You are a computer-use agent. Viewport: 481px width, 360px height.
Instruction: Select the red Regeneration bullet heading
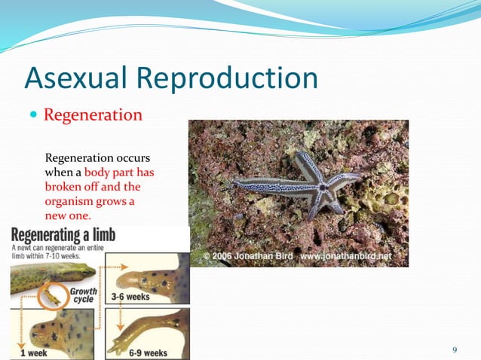click(x=93, y=115)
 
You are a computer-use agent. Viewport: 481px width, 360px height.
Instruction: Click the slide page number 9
click(x=454, y=349)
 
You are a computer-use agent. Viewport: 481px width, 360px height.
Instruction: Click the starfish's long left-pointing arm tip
click(x=236, y=182)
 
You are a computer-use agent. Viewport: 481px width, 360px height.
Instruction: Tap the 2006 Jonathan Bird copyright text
click(x=249, y=257)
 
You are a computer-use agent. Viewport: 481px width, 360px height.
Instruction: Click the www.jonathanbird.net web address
click(x=346, y=257)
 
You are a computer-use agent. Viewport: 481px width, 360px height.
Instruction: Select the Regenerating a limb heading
click(x=63, y=234)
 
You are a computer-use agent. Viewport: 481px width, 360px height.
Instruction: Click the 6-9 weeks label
click(x=144, y=352)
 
